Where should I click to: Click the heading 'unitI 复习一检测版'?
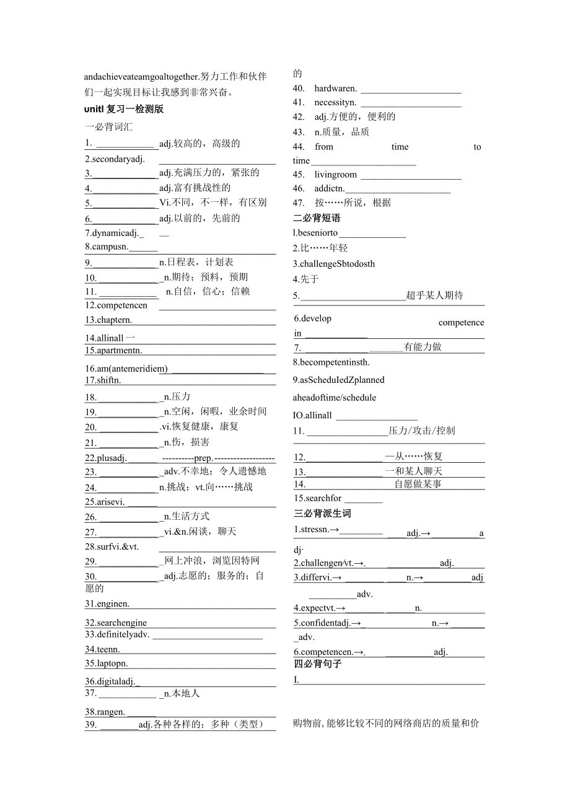[124, 110]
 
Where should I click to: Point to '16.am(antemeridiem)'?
[126, 369]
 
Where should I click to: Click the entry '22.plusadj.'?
[106, 458]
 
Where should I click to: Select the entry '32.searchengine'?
[116, 623]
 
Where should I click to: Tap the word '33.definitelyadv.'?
[117, 634]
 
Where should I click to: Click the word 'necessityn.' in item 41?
[335, 102]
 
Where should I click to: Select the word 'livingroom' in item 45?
[335, 175]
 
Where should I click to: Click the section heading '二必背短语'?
[317, 218]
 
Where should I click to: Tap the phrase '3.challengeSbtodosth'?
[334, 264]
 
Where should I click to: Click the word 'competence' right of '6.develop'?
[461, 323]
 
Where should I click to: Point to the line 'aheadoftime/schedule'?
[335, 398]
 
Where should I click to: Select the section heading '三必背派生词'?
[322, 514]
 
